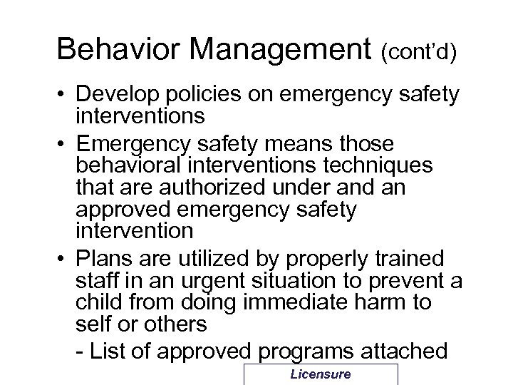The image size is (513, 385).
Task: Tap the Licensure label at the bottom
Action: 320,375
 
